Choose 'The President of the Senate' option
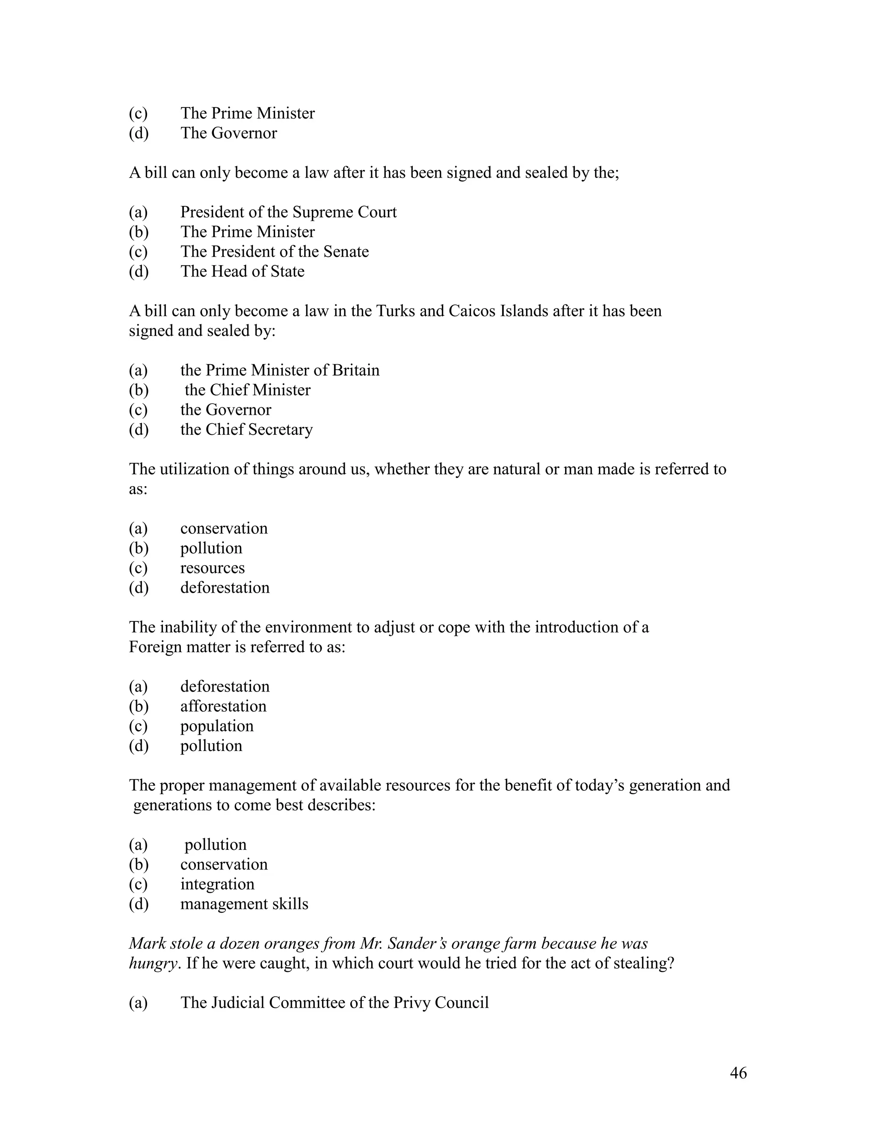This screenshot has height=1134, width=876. (x=274, y=252)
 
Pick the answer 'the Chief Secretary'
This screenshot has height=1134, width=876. (x=246, y=430)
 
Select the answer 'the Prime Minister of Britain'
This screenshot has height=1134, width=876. (x=280, y=370)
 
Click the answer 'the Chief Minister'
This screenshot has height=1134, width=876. (x=247, y=390)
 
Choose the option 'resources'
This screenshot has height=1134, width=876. (x=212, y=568)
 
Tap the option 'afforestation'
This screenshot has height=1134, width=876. (x=223, y=706)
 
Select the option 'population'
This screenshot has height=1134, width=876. (x=217, y=726)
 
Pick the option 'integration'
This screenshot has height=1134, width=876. (x=217, y=884)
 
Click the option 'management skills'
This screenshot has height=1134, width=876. (x=244, y=904)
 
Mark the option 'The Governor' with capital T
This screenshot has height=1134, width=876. (x=228, y=133)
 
